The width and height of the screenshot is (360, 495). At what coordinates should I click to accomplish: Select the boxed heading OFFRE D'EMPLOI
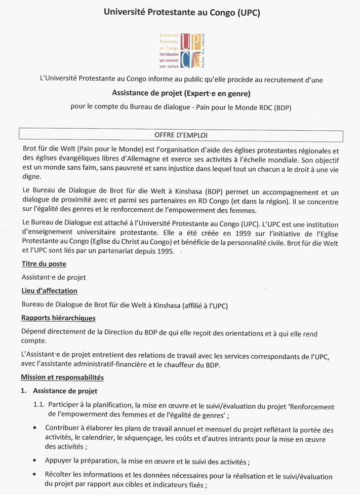181,135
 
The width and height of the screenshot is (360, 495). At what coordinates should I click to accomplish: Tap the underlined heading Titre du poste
44,264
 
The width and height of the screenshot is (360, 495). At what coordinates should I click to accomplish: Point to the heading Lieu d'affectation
49,291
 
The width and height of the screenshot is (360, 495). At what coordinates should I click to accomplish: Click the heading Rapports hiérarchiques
58,318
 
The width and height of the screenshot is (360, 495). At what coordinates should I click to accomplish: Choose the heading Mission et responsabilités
62,377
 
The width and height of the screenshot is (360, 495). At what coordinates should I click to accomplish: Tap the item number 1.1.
39,406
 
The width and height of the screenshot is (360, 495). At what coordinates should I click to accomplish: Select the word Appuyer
59,461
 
